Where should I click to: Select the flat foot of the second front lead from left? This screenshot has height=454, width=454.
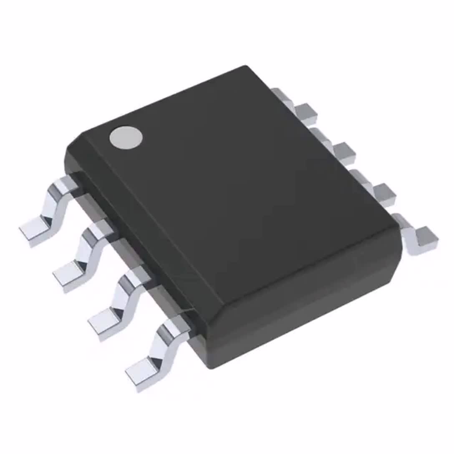coord(68,276)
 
